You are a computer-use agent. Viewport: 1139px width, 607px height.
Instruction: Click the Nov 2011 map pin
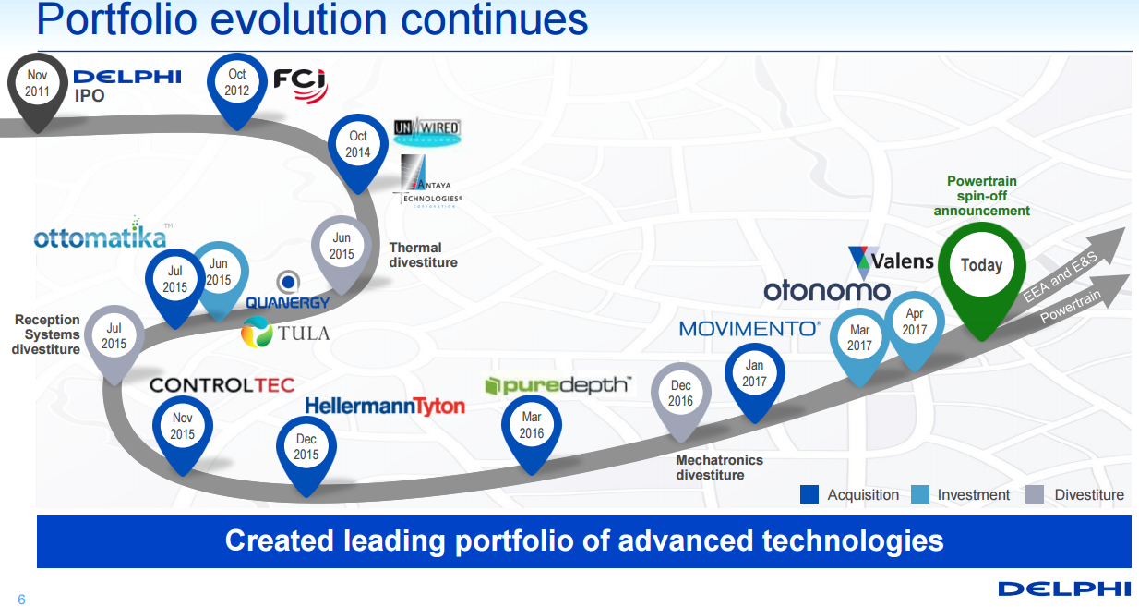pos(37,85)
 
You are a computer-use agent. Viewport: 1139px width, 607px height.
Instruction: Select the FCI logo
pos(300,82)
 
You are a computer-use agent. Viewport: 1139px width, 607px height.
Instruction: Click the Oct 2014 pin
pos(358,144)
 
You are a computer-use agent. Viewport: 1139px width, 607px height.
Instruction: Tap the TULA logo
pos(285,333)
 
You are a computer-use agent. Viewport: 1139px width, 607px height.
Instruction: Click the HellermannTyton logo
pos(385,406)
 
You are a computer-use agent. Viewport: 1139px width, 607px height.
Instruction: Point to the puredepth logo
pos(559,385)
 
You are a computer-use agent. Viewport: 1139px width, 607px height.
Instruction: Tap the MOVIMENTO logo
pos(749,328)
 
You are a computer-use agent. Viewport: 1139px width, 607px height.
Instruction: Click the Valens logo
pos(891,261)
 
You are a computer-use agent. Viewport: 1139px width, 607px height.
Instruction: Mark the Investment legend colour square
pos(920,494)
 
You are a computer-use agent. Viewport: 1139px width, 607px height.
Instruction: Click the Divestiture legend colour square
pos(1036,494)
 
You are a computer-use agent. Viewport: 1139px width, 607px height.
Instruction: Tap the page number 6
pos(21,600)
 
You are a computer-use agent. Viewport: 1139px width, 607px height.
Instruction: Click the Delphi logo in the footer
pos(1063,589)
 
